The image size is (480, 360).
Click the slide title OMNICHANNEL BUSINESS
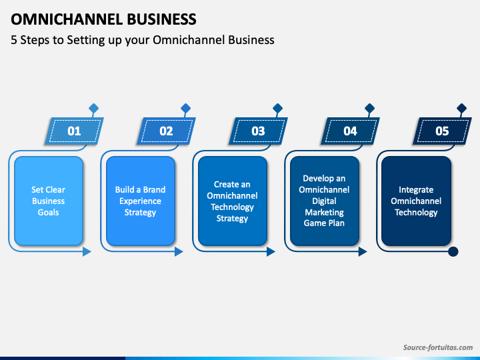click(x=103, y=19)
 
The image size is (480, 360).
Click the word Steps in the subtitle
click(x=34, y=40)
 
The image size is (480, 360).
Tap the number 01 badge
click(x=74, y=131)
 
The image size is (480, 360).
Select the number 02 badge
click(x=166, y=131)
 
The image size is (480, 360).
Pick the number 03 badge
click(x=258, y=131)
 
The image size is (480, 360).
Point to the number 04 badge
click(x=350, y=131)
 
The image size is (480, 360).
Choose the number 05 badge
click(x=442, y=131)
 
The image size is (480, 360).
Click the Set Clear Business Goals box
click(x=49, y=201)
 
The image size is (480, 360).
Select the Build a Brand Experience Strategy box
click(x=141, y=201)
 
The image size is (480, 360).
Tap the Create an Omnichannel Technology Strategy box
click(x=233, y=201)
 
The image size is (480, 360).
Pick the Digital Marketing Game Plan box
click(x=325, y=201)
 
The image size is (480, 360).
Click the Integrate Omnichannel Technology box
click(x=416, y=201)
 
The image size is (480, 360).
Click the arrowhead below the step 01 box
click(x=87, y=251)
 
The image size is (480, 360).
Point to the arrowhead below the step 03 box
click(x=271, y=251)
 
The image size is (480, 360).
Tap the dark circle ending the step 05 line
click(x=453, y=251)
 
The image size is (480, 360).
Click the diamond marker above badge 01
click(x=94, y=108)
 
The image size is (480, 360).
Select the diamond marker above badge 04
click(x=370, y=108)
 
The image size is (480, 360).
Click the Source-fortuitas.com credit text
click(x=438, y=347)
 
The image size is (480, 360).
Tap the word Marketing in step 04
click(x=324, y=212)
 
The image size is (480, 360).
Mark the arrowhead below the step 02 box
click(x=179, y=251)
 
